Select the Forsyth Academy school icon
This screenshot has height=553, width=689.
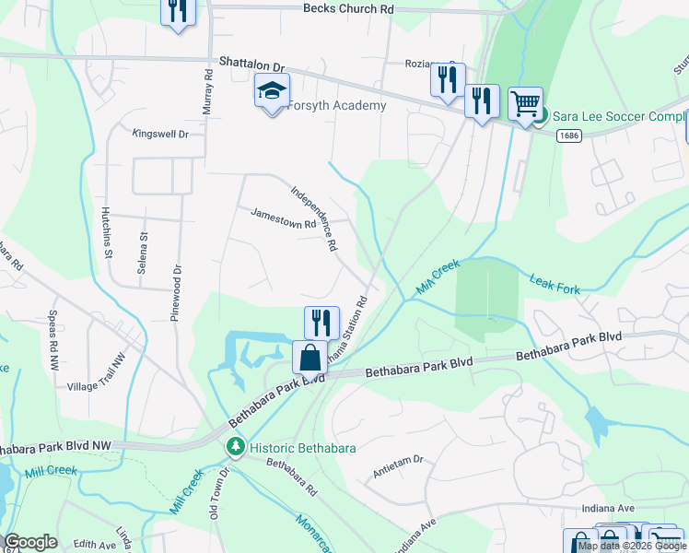[x=272, y=90]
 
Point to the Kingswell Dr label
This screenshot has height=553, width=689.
[x=160, y=134]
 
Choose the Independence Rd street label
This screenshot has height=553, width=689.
[x=314, y=220]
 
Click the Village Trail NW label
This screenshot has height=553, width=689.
[x=97, y=375]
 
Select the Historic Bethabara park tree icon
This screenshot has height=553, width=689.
[x=236, y=447]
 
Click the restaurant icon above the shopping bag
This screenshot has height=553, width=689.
[x=321, y=321]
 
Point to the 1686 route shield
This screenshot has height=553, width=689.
[x=569, y=135]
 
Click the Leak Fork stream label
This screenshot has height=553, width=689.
[x=555, y=283]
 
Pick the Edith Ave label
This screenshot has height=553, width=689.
[x=95, y=545]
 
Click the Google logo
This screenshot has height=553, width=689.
[x=30, y=542]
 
